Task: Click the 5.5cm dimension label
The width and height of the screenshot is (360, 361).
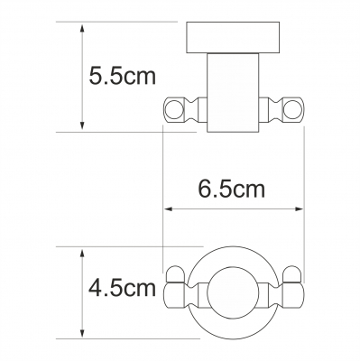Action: point(123,76)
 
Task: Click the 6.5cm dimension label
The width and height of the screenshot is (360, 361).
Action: point(232,190)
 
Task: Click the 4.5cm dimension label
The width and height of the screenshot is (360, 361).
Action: point(123,288)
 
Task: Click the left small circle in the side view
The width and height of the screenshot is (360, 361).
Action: point(174,110)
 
